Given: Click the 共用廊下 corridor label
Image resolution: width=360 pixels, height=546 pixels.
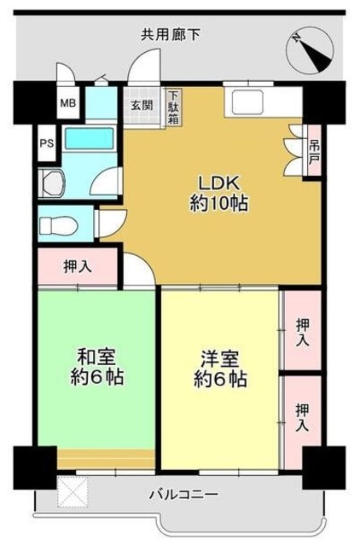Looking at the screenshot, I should click(171, 35).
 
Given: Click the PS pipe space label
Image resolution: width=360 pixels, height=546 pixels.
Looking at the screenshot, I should click(47, 142).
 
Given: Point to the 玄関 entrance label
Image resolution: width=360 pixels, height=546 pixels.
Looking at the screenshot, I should click(142, 105).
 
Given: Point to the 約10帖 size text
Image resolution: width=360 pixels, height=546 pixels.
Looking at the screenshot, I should click(219, 205).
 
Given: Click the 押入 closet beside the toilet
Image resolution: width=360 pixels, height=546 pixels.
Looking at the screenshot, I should click(78, 266).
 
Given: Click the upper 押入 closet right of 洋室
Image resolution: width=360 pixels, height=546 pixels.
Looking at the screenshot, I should click(303, 331).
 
